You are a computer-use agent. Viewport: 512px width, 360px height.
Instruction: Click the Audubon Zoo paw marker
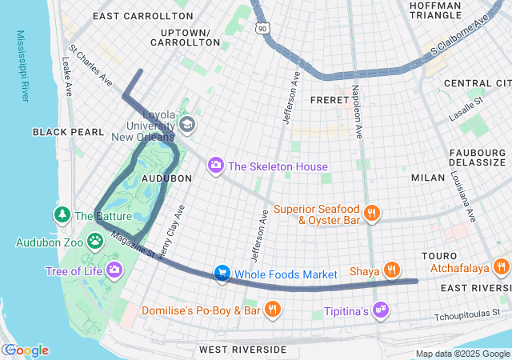point(95,240)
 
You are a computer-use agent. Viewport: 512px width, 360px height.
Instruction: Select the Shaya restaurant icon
point(391,270)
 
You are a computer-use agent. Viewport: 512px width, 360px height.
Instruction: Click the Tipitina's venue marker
point(382,310)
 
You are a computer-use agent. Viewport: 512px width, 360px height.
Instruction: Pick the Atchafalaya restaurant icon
point(502,266)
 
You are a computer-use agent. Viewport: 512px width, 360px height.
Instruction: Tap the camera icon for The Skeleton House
point(215,166)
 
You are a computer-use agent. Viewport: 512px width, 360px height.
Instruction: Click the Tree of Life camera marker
point(114,270)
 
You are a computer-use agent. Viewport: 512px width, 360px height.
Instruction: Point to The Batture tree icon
point(62,214)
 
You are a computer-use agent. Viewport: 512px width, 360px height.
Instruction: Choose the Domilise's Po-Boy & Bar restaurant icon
point(272,309)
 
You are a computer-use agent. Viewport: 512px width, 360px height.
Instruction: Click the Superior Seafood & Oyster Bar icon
point(371,213)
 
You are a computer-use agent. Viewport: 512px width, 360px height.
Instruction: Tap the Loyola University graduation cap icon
point(187,124)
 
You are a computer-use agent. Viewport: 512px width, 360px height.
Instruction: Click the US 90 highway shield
point(262,29)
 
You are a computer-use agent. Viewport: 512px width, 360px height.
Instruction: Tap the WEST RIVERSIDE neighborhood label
point(242,350)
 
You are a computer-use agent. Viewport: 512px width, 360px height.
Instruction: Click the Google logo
point(26,350)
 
